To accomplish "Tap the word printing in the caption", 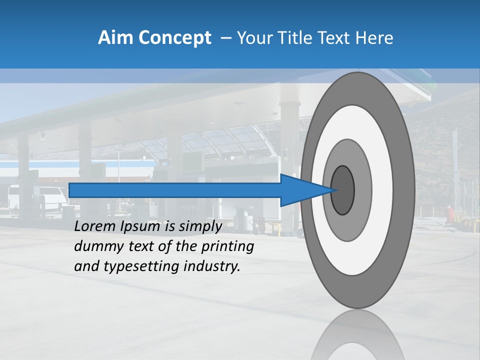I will coord(227,247).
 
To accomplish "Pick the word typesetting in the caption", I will coord(142,267).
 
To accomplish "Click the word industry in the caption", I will coord(212,266).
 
